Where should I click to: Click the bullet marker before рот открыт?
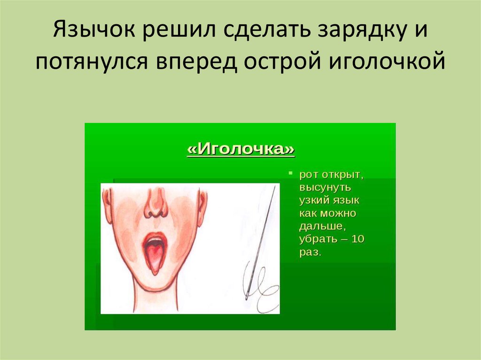(x=290, y=174)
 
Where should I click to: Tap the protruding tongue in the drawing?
(x=154, y=259)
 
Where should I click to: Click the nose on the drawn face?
(x=155, y=204)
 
